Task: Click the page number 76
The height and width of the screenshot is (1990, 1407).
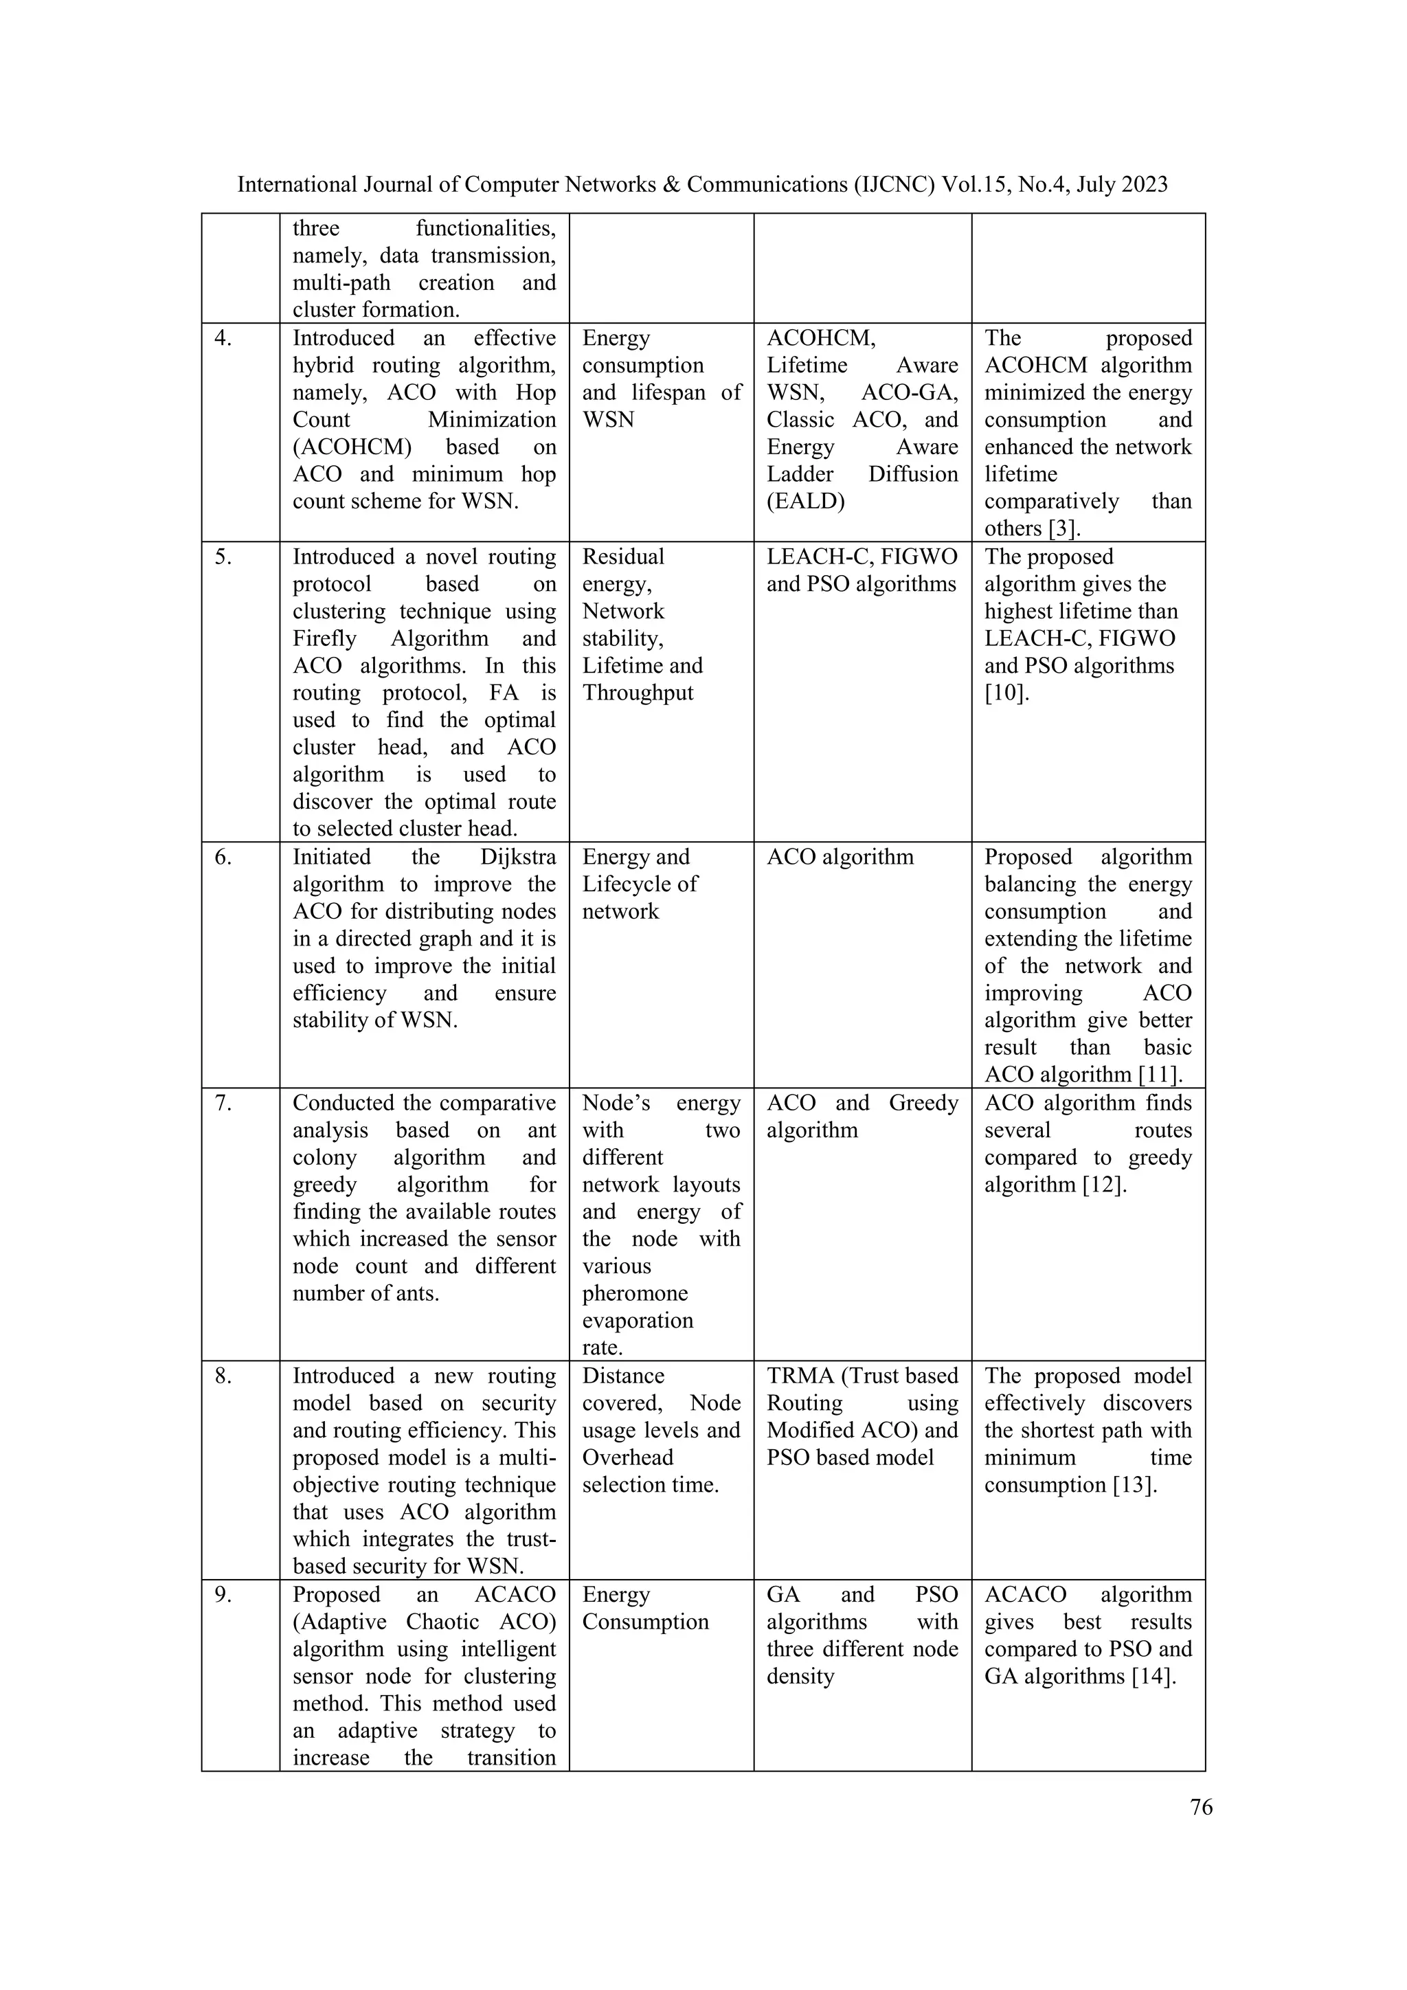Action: (x=1201, y=1807)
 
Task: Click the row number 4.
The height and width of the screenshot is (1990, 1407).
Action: (x=223, y=338)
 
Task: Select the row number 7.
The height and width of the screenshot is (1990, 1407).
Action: (x=223, y=1104)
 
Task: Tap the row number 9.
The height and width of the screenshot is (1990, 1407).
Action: (x=223, y=1595)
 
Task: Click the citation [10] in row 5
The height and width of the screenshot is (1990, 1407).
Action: (x=1006, y=693)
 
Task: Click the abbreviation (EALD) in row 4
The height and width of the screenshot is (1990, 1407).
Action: (x=805, y=502)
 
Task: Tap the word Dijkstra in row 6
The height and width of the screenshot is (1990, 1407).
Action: (x=517, y=857)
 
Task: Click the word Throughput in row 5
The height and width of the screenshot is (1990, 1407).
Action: (x=638, y=693)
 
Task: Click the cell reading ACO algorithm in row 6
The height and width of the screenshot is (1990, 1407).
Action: (x=840, y=857)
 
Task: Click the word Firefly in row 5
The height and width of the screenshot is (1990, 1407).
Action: (x=324, y=639)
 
